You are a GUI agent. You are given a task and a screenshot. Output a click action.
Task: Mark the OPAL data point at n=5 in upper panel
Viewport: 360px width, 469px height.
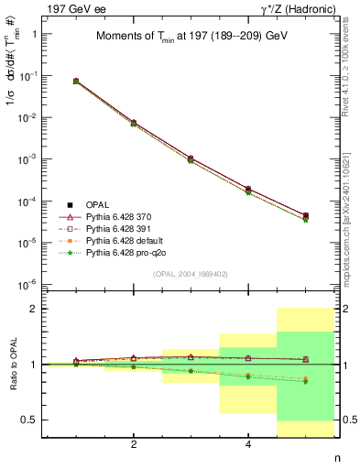click(x=305, y=216)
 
